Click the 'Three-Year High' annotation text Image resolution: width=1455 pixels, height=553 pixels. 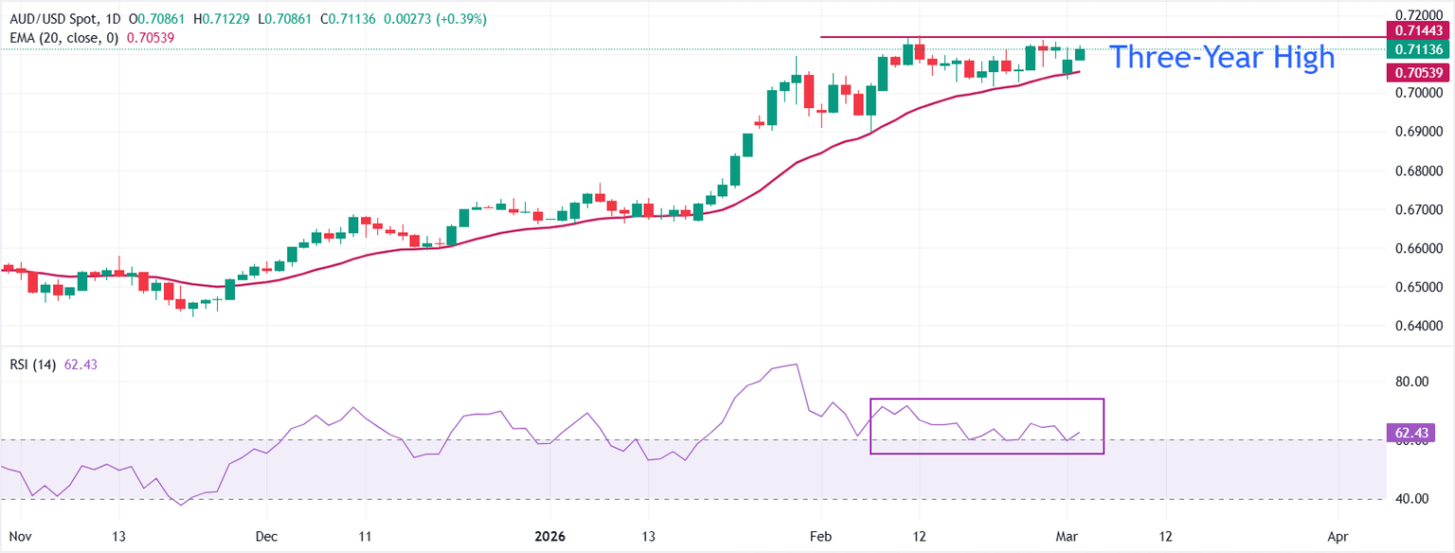[x=1221, y=58]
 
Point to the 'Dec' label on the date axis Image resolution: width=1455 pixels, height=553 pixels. [x=266, y=536]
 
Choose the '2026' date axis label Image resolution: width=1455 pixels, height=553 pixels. [x=549, y=536]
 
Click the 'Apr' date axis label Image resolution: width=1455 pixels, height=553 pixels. [x=1338, y=536]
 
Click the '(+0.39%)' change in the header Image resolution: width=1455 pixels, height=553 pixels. [x=463, y=20]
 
